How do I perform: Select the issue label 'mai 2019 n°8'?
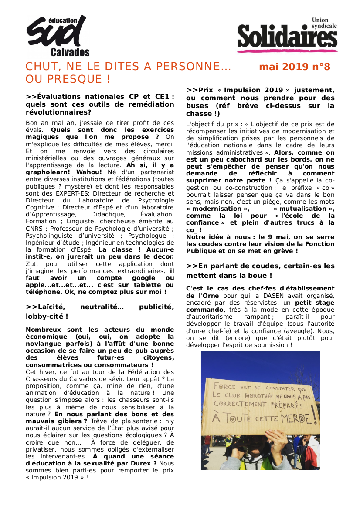(x=295, y=67)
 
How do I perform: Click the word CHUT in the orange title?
(x=39, y=67)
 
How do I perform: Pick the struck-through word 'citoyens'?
(x=158, y=357)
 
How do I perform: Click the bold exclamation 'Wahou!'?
(x=89, y=172)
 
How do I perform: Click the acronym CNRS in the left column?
(x=34, y=228)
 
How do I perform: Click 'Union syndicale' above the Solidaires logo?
(x=324, y=23)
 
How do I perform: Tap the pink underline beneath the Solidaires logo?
(x=287, y=51)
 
